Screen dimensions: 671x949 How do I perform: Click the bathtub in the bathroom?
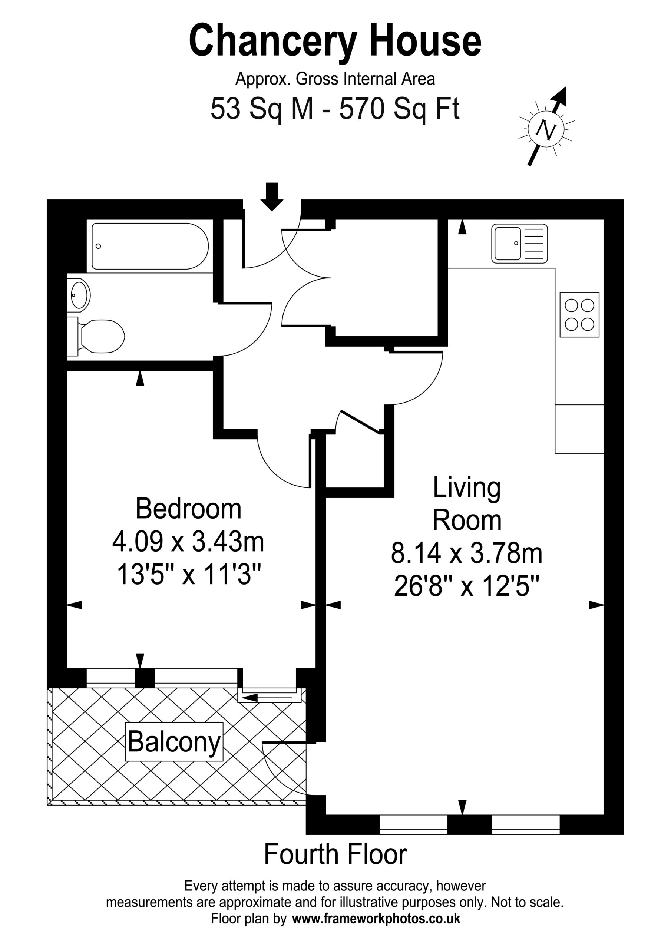click(150, 247)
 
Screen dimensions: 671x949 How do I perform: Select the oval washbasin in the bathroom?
click(80, 295)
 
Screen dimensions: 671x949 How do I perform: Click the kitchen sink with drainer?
click(519, 244)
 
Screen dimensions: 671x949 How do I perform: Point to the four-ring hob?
click(579, 315)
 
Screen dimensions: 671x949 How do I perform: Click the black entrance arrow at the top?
click(272, 197)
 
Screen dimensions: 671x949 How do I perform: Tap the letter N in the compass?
click(546, 130)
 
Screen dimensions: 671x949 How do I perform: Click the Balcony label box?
click(175, 741)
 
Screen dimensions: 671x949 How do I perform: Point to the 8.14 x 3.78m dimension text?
click(466, 554)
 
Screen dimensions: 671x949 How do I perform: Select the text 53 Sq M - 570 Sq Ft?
click(335, 109)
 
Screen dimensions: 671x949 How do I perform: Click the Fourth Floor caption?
click(335, 854)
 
